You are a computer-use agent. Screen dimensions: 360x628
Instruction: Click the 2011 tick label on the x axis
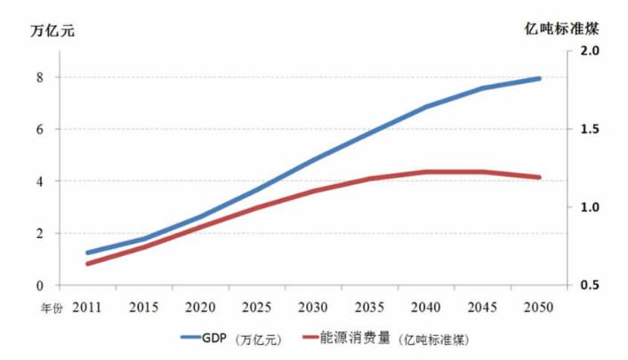(x=87, y=308)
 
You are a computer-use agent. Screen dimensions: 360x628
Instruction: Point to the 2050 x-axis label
(x=539, y=308)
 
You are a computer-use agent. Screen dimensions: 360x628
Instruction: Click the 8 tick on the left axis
(x=39, y=77)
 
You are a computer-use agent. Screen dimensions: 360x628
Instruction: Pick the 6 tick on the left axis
(x=39, y=130)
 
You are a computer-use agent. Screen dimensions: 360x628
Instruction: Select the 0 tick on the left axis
(x=39, y=286)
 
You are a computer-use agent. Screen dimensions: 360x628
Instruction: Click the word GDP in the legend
(x=238, y=339)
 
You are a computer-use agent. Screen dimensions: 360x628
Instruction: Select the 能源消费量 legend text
(x=366, y=339)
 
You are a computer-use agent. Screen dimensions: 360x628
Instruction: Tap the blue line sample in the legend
(x=200, y=339)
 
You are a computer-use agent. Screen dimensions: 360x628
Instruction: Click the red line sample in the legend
(x=317, y=339)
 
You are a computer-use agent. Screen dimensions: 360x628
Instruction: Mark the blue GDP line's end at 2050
(x=539, y=78)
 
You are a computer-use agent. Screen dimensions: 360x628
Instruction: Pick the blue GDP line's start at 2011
(x=87, y=252)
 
